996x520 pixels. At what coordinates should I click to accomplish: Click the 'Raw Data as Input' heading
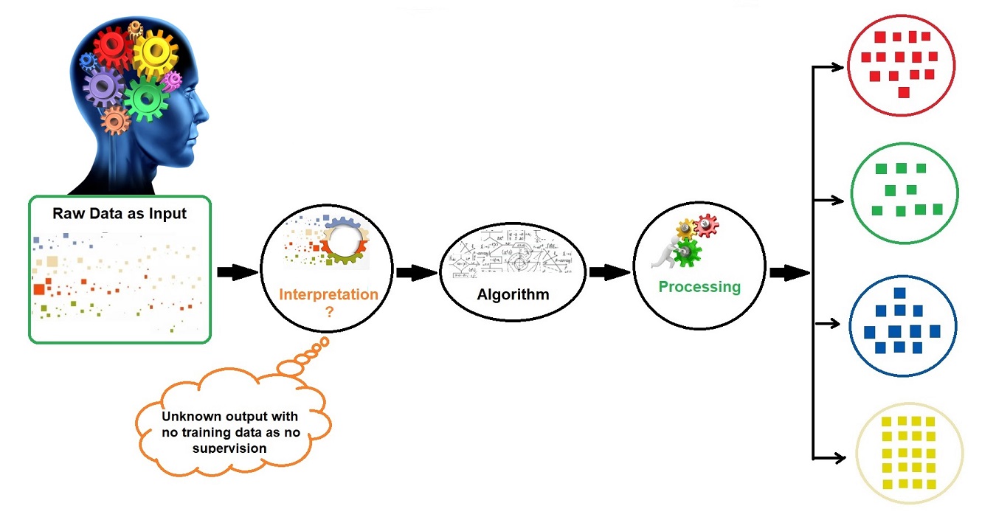(x=120, y=214)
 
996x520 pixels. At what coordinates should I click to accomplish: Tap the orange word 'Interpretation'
(x=328, y=294)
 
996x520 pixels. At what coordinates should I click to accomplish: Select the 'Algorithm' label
(x=513, y=295)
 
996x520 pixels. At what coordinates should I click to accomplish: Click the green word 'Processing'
(x=699, y=286)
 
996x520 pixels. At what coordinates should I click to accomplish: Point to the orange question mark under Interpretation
(x=329, y=311)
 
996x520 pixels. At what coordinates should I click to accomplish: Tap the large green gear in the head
(x=146, y=99)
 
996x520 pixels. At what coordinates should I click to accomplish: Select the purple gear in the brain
(x=103, y=86)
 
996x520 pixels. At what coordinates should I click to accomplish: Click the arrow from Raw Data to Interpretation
(x=237, y=271)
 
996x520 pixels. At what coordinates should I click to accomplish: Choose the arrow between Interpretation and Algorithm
(x=417, y=273)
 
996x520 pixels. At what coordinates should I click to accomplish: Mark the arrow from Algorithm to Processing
(x=609, y=273)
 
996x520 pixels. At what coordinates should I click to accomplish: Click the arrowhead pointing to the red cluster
(x=838, y=68)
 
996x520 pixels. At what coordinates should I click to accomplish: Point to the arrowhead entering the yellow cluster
(x=838, y=458)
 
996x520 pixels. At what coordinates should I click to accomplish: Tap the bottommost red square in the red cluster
(x=903, y=92)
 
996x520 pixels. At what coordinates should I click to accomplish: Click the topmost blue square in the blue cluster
(x=899, y=293)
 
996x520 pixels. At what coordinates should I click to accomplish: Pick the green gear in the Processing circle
(x=689, y=252)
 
